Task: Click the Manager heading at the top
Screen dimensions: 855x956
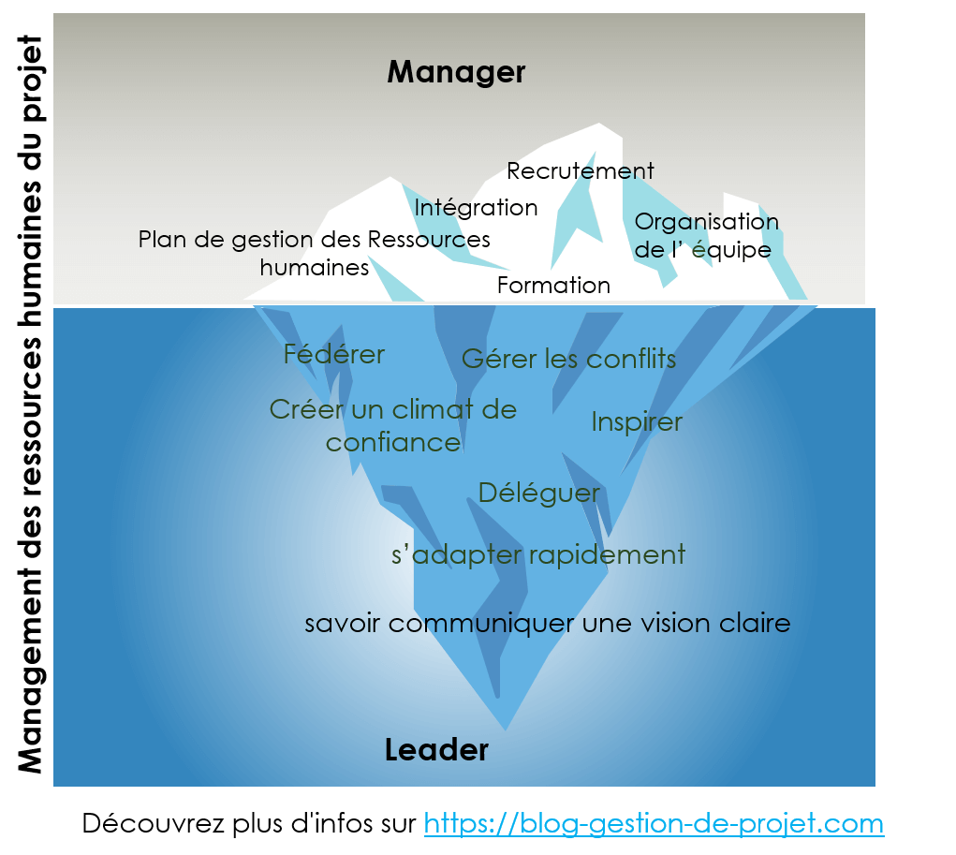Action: tap(456, 72)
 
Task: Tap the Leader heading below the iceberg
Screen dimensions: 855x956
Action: tap(436, 750)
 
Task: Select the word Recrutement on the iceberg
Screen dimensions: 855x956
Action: tap(580, 171)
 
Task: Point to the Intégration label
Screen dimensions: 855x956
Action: tap(476, 207)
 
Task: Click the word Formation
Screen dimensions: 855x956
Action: tap(553, 285)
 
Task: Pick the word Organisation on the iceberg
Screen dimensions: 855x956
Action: tap(706, 222)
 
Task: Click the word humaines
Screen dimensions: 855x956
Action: tap(314, 268)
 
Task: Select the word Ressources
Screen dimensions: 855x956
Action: tap(429, 239)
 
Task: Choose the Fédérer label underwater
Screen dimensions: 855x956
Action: tap(333, 355)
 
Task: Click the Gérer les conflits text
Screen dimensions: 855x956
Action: tap(568, 359)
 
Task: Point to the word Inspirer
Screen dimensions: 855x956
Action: tap(637, 422)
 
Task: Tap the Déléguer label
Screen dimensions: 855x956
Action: tap(538, 493)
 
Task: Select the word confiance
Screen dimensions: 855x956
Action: tap(393, 442)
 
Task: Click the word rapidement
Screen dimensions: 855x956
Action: tap(607, 554)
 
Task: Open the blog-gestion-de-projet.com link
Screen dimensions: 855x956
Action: tap(654, 824)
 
